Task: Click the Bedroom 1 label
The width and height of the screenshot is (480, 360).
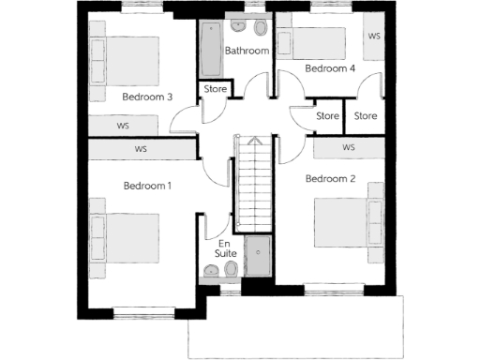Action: [x=147, y=186]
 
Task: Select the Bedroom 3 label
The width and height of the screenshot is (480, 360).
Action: [x=147, y=97]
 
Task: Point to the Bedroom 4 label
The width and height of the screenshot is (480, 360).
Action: [x=330, y=68]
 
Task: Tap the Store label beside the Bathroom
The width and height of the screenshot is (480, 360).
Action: [x=215, y=91]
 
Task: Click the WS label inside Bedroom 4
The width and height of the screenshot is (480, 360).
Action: [x=373, y=37]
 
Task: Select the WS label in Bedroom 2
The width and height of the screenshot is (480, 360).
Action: [x=349, y=148]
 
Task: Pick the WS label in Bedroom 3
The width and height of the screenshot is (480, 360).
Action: [x=123, y=125]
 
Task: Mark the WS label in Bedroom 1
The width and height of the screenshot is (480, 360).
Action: [x=142, y=149]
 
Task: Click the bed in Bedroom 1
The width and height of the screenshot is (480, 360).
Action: [x=123, y=233]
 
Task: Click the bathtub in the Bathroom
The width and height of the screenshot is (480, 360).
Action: [x=210, y=51]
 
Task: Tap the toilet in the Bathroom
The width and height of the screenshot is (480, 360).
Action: [x=260, y=26]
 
